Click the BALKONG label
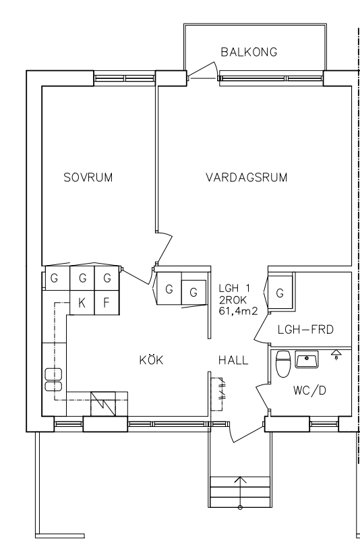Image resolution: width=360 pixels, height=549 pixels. coord(249,52)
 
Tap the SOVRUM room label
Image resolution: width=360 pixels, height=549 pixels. coord(88,177)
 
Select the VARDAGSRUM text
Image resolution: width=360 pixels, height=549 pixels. coord(246,177)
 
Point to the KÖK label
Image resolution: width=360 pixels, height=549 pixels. coord(151,359)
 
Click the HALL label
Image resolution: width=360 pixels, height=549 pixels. coord(233,360)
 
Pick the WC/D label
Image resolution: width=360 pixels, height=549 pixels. coord(309,390)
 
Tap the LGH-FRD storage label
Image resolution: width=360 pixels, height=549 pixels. coord(305,330)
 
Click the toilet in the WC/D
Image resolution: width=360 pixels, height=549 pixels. coord(283,364)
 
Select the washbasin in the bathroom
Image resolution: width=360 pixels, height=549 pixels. coord(307,359)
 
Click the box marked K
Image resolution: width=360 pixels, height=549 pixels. coord(82,303)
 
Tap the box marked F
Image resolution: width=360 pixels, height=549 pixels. coord(107,303)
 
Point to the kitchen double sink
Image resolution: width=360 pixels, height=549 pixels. coord(53,380)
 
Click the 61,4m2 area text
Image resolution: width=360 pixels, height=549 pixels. coord(238,310)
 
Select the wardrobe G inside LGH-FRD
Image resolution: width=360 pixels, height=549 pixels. coord(280,293)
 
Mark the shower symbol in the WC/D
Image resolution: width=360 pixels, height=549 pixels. coord(336,354)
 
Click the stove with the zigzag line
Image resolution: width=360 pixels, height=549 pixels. coord(103,404)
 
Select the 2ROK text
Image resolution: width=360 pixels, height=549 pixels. coord(233,300)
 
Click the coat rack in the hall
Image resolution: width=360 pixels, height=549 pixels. coord(217,394)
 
